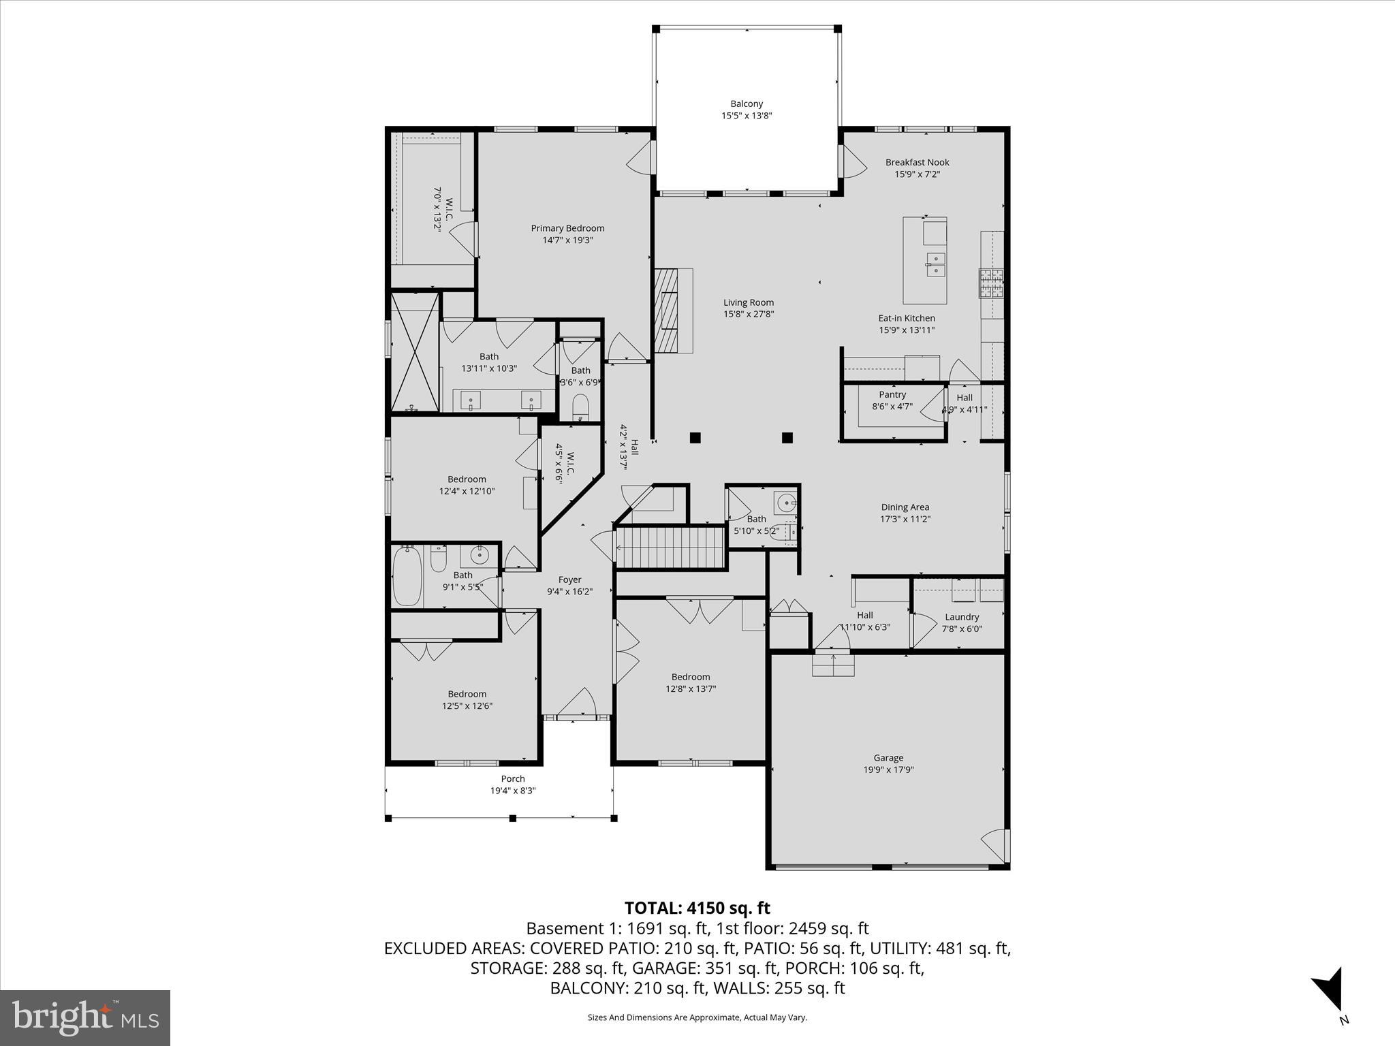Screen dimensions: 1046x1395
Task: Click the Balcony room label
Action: point(747,104)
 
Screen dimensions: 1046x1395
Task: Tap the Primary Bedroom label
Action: point(567,228)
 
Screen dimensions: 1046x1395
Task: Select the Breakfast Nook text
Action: point(917,162)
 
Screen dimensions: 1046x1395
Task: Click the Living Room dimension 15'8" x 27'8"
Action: point(749,315)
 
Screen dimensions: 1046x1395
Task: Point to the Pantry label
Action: point(892,395)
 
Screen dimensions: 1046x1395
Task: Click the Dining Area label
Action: point(905,507)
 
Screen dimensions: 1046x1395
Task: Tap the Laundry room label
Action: point(962,617)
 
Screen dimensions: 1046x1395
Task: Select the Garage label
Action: point(888,758)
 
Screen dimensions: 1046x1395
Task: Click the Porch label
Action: point(513,779)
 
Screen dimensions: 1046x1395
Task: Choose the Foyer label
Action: point(569,580)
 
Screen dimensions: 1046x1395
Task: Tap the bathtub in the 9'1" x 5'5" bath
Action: point(407,576)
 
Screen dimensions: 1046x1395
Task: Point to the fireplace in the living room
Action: point(667,311)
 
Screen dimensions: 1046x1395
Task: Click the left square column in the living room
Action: point(695,438)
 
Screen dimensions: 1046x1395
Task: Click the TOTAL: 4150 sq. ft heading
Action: point(697,908)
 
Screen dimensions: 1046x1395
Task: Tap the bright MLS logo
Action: point(85,1017)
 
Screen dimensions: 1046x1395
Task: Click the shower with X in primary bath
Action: point(415,351)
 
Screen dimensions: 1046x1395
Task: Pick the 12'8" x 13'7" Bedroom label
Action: point(691,677)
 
